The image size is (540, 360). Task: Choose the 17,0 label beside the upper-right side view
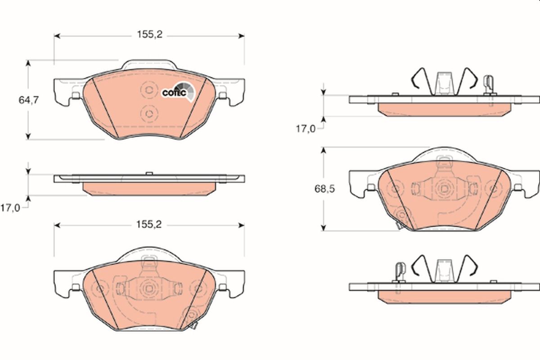(305, 129)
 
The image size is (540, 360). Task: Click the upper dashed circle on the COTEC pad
(148, 90)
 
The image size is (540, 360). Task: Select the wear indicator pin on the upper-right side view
(488, 84)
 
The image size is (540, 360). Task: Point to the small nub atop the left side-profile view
(148, 173)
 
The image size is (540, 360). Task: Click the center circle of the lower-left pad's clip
(148, 288)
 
